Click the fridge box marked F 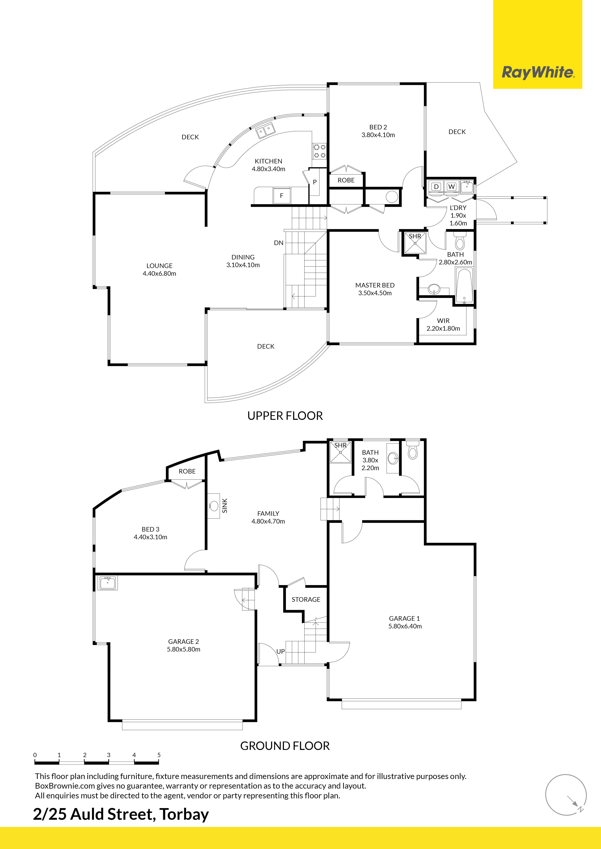coord(282,196)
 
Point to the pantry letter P coord(315,182)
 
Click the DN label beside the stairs coord(279,243)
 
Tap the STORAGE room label coord(306,599)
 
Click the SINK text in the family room coord(225,506)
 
